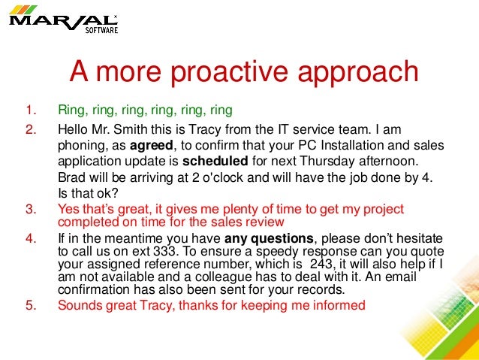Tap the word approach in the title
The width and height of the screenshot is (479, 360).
pyautogui.click(x=357, y=72)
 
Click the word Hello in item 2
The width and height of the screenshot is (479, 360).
pyautogui.click(x=74, y=129)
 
